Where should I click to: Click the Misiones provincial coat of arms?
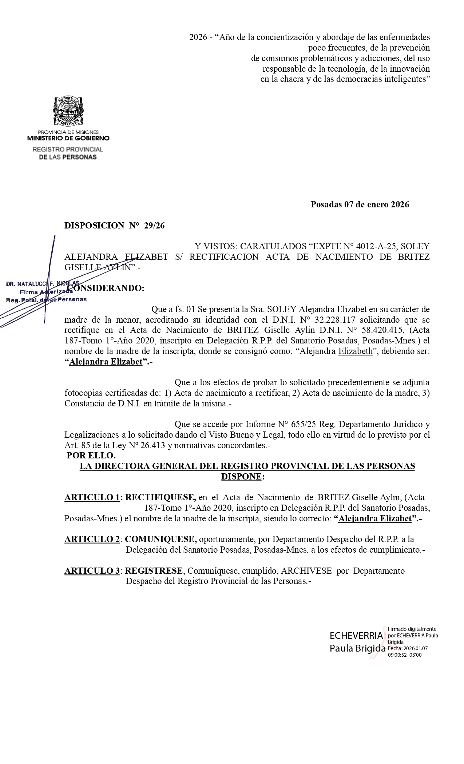click(68, 111)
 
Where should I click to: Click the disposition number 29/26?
click(154, 226)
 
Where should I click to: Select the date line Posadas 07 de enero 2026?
click(360, 204)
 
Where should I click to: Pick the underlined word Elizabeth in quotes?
click(356, 352)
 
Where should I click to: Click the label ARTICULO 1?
click(92, 497)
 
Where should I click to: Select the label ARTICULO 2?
click(92, 539)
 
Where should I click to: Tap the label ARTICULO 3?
click(92, 571)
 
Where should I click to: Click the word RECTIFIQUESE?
click(160, 497)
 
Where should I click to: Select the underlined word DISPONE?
click(241, 477)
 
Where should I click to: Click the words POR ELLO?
click(91, 455)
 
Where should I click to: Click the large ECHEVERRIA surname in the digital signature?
click(356, 636)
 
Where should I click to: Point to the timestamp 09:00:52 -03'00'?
click(405, 654)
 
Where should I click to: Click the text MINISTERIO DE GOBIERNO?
click(68, 138)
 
